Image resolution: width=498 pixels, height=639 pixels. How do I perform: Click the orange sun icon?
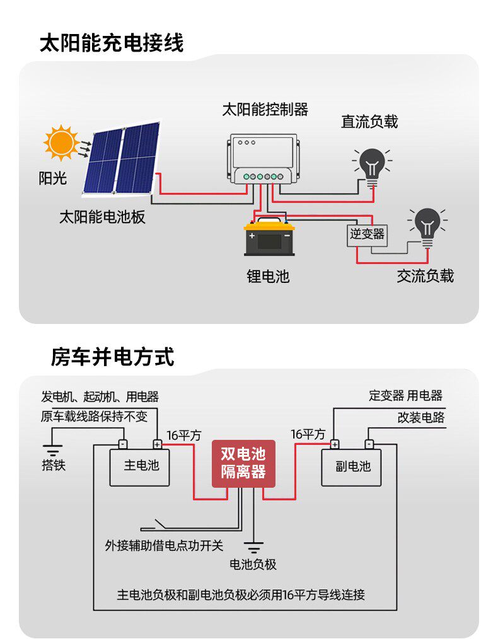[x=61, y=142]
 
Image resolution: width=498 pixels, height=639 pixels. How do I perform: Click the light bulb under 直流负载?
[x=372, y=167]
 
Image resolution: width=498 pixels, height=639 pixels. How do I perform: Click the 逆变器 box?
[x=367, y=236]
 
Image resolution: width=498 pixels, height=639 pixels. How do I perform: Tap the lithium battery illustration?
[x=269, y=237]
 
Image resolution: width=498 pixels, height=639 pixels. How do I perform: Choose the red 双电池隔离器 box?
[x=243, y=464]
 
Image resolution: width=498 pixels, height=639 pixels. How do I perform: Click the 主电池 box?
[x=139, y=468]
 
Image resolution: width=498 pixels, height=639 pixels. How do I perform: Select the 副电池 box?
[x=351, y=468]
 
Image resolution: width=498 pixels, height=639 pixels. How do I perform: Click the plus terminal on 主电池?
[x=158, y=444]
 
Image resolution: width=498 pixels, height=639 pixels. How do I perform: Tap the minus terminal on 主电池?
[x=123, y=444]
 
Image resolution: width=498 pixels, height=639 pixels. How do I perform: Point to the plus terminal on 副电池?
[x=335, y=444]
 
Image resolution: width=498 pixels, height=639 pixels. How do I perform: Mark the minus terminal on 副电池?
[x=369, y=444]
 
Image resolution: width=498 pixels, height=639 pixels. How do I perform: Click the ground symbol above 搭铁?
[x=52, y=451]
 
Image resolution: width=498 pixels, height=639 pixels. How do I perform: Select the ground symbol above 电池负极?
[x=253, y=547]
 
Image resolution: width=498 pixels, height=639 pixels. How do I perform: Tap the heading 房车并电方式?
[x=112, y=357]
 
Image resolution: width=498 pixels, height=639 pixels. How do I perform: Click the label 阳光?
[x=52, y=178]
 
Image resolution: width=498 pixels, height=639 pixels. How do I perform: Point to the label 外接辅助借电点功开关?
[x=165, y=545]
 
